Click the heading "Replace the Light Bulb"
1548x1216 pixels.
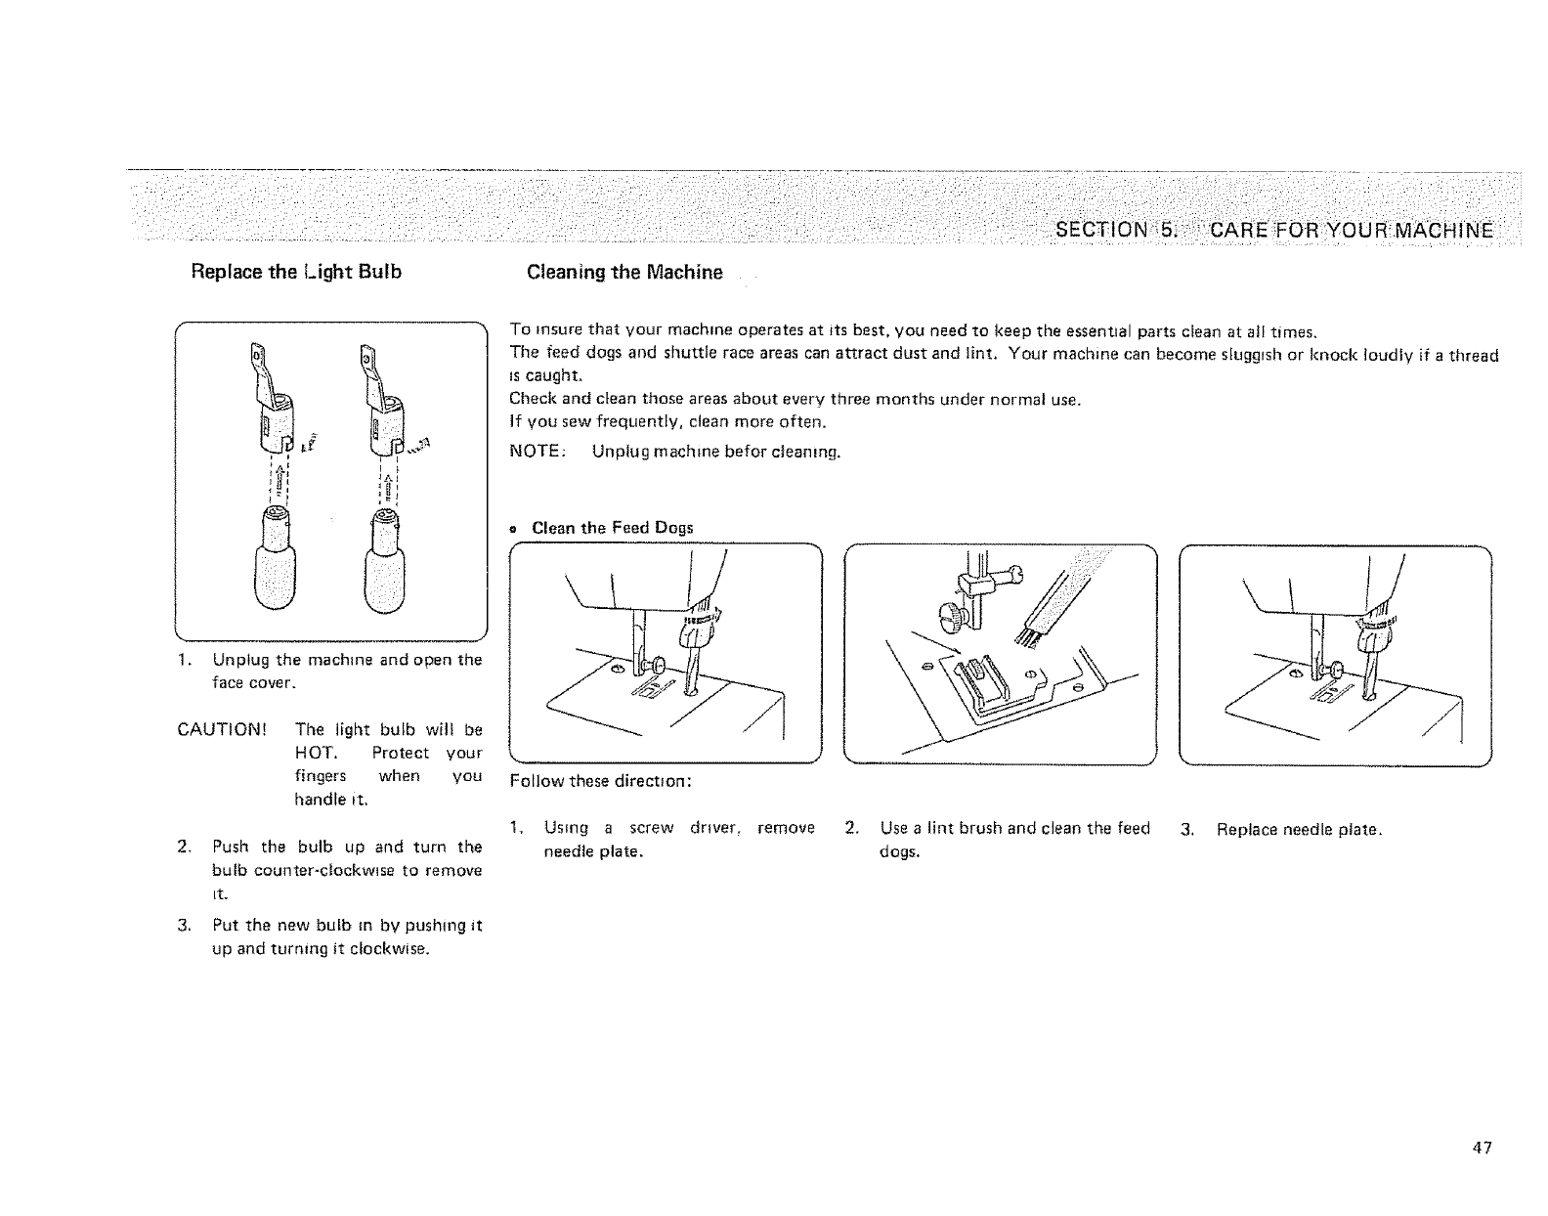(x=296, y=272)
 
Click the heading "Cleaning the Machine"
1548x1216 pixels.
(x=624, y=272)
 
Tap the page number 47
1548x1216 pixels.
(x=1483, y=1148)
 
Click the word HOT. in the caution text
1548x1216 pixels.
(x=315, y=753)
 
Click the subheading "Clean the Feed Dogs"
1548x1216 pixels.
(x=612, y=528)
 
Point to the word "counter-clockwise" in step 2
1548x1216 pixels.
(x=317, y=870)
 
